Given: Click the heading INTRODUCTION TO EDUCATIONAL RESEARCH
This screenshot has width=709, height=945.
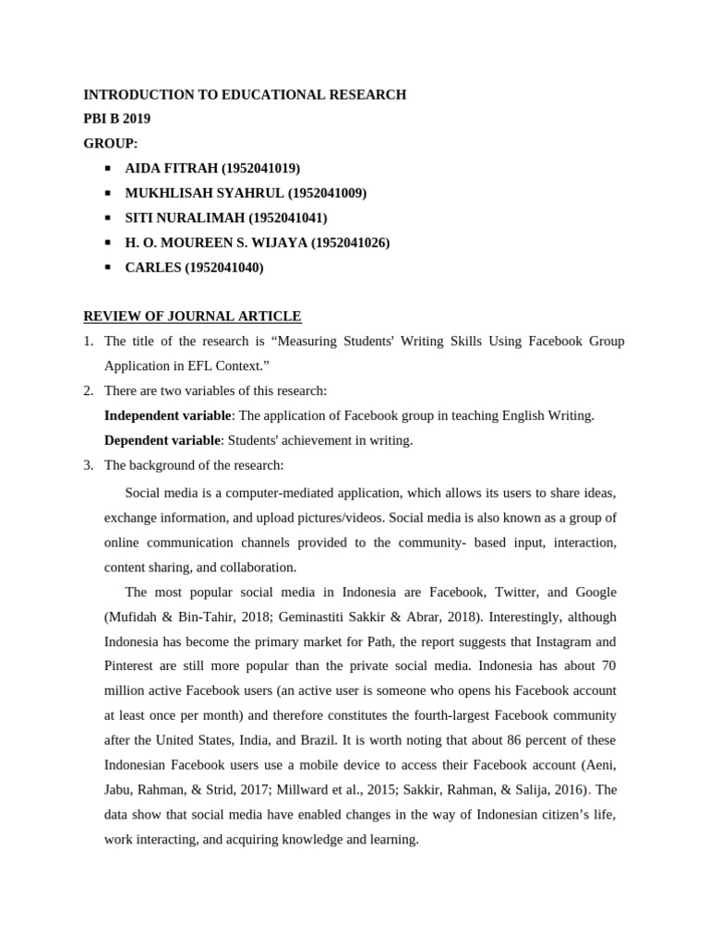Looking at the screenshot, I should (x=245, y=94).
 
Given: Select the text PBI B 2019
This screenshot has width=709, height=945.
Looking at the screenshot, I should (x=116, y=118).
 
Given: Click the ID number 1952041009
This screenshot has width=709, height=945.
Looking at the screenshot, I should (x=327, y=193).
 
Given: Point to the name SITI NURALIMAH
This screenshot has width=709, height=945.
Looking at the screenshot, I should (x=185, y=218).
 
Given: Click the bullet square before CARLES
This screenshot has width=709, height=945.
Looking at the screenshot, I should (x=108, y=267).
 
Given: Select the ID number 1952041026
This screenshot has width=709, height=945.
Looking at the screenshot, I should (x=350, y=243).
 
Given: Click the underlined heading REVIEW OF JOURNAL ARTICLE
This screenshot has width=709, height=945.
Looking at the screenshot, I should (x=192, y=316).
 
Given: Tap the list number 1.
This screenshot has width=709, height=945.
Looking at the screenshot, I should (x=88, y=341).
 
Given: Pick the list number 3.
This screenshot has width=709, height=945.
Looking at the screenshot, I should (x=88, y=465).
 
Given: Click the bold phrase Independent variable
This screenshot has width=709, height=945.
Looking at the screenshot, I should (x=167, y=415).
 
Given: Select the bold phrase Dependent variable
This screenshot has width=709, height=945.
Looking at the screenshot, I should (x=162, y=440).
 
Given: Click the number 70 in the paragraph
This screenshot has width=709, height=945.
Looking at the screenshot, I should (x=607, y=665).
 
